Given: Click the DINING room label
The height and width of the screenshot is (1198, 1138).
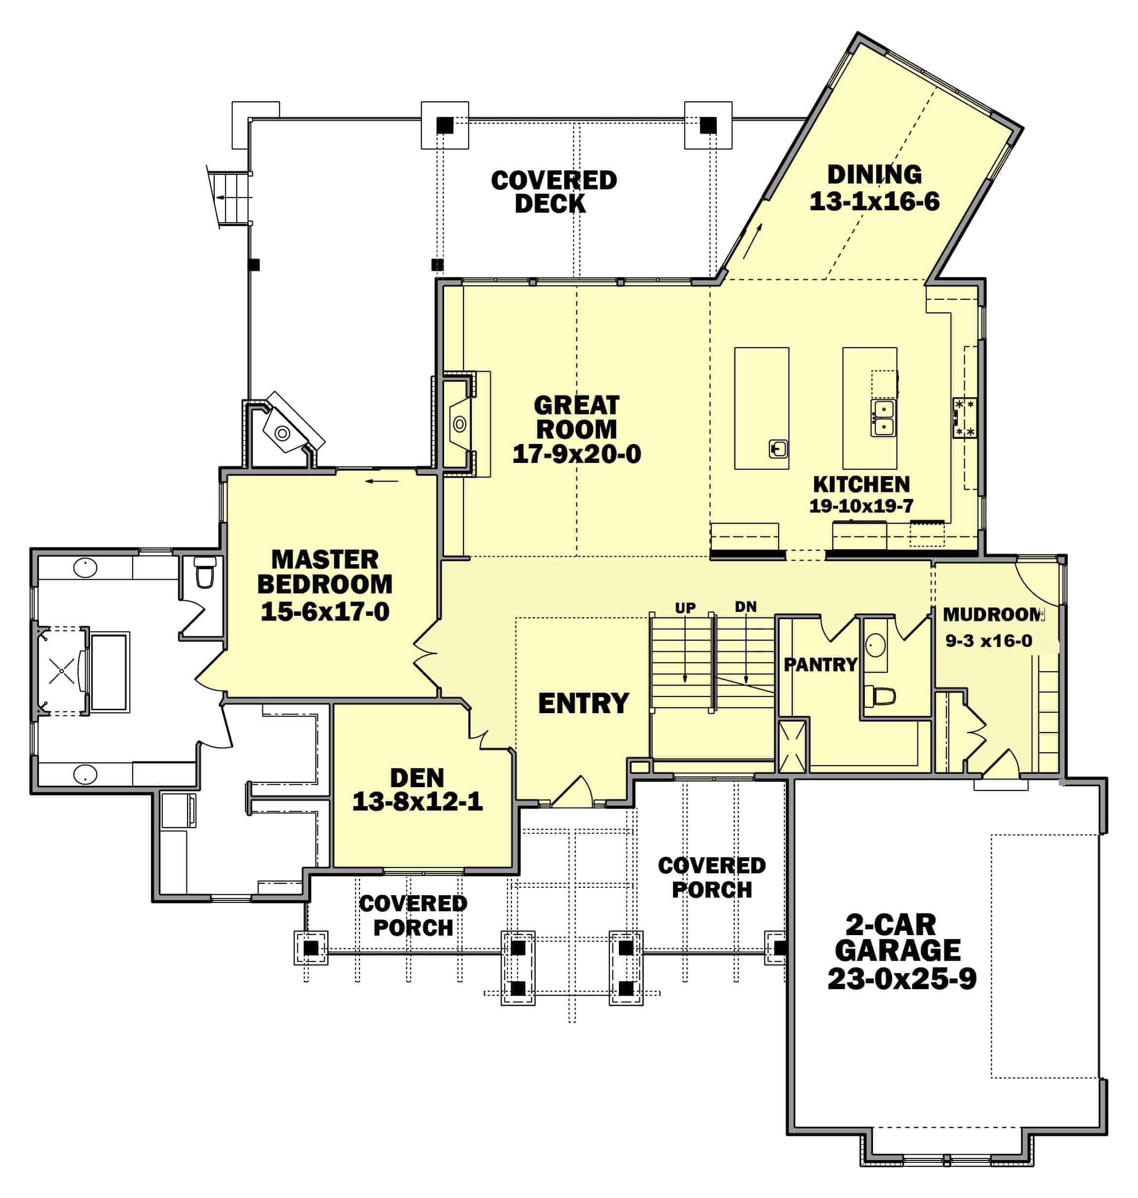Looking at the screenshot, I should pos(874,175).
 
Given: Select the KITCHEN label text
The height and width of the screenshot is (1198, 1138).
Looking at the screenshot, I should pos(861,484).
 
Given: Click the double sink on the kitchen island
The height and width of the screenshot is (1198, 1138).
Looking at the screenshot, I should pos(883,418).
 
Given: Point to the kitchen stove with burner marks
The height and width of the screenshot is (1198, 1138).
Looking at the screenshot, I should pos(964,417).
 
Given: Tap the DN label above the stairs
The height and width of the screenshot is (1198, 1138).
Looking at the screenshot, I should pos(746,606).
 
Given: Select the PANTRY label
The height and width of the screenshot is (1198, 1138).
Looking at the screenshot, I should pos(820,664).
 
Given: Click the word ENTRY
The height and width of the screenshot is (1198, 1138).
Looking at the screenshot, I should pos(583,703).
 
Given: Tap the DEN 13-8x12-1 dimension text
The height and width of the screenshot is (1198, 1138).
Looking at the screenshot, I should pos(417,801).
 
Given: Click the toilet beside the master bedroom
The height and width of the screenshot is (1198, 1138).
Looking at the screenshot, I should pos(205,572).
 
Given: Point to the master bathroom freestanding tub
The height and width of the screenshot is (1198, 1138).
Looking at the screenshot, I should pos(109,672).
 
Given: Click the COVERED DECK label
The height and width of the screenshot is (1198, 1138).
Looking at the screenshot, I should pos(553,192).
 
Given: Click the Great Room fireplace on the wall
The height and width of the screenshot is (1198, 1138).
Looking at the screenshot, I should pos(459,424).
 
